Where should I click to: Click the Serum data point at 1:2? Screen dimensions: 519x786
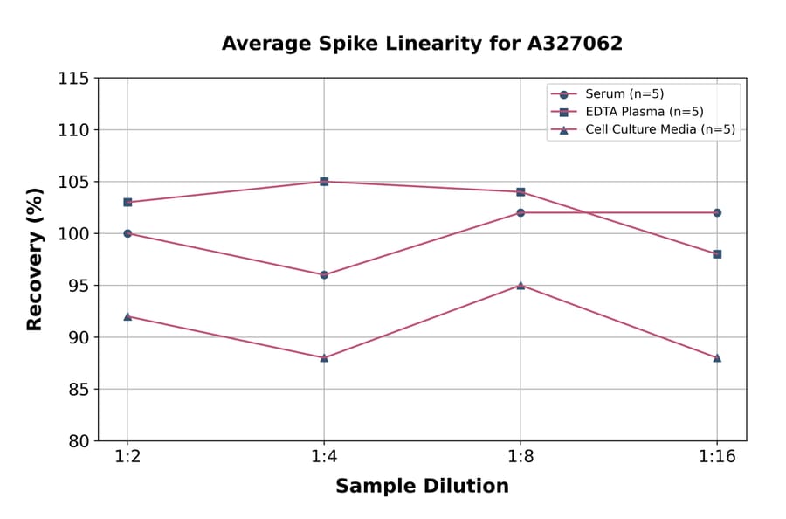[x=128, y=233]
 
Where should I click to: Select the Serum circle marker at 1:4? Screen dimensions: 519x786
[x=324, y=274]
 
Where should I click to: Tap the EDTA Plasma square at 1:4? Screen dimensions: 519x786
[x=324, y=182]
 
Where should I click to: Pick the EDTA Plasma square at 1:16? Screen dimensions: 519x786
[x=717, y=254]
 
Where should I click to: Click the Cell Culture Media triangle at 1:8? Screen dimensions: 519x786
[x=521, y=285]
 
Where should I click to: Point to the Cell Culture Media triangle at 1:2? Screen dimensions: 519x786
[x=128, y=316]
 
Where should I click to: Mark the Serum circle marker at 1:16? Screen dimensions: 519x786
[x=717, y=212]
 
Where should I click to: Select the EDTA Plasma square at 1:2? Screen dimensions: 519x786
[x=128, y=202]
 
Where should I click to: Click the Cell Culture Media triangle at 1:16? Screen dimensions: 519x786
[x=717, y=357]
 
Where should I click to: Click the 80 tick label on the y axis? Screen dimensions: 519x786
[x=78, y=441]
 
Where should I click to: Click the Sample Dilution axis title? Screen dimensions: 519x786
[x=422, y=487]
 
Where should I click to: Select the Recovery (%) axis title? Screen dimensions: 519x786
[x=35, y=259]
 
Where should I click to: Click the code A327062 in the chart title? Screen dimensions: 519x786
[x=573, y=44]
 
